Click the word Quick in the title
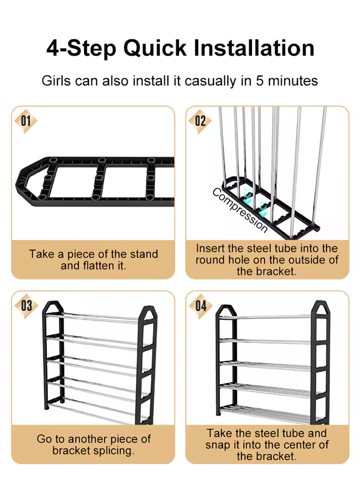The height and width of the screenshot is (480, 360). coord(154,48)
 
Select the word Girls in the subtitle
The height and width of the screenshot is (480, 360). coord(56,81)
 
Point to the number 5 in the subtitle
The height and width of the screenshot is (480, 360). coord(259,81)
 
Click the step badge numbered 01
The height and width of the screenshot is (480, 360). coord(25,121)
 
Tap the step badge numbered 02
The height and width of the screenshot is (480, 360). coord(200,121)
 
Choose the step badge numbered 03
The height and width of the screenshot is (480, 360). coord(26,306)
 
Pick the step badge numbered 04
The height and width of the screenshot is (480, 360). coord(201,306)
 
